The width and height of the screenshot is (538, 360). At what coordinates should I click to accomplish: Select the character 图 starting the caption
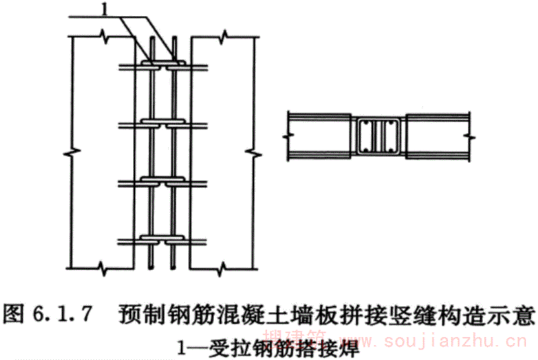(x=16, y=314)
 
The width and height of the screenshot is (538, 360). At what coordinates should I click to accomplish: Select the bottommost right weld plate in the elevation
(x=176, y=240)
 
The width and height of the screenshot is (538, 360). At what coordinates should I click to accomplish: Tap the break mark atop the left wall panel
(x=104, y=34)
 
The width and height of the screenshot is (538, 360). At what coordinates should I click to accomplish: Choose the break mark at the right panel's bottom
(x=223, y=270)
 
